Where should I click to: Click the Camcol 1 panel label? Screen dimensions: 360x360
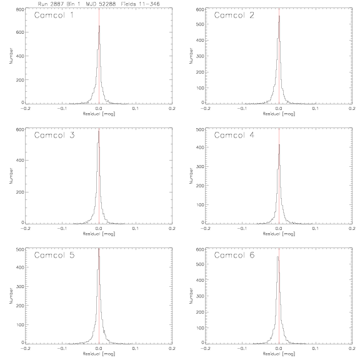pos(54,15)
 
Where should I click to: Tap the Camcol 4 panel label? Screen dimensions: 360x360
pos(234,135)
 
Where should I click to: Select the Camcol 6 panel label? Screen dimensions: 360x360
pos(234,255)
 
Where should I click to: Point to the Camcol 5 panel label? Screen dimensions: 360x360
pos(54,255)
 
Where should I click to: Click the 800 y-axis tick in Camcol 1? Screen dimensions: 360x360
pos(20,9)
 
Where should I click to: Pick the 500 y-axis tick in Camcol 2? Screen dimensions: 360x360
pos(200,24)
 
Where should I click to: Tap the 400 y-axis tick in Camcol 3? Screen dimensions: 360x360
pos(20,160)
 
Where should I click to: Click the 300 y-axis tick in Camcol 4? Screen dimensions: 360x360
pos(200,166)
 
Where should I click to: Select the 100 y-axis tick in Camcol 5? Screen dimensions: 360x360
pos(20,324)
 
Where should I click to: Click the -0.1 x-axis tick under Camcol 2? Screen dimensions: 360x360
pos(242,108)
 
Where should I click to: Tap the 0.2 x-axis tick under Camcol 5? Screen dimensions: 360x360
pos(172,348)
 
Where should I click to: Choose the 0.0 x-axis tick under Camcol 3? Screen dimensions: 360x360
pos(99,229)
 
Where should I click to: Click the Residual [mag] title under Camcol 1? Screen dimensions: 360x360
pos(99,114)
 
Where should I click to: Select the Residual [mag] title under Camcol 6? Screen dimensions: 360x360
pos(279,354)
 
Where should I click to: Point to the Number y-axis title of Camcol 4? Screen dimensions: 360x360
pos(191,176)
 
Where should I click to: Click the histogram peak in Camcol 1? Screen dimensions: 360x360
pos(99,26)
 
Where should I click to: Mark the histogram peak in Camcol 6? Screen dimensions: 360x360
pos(277,257)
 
